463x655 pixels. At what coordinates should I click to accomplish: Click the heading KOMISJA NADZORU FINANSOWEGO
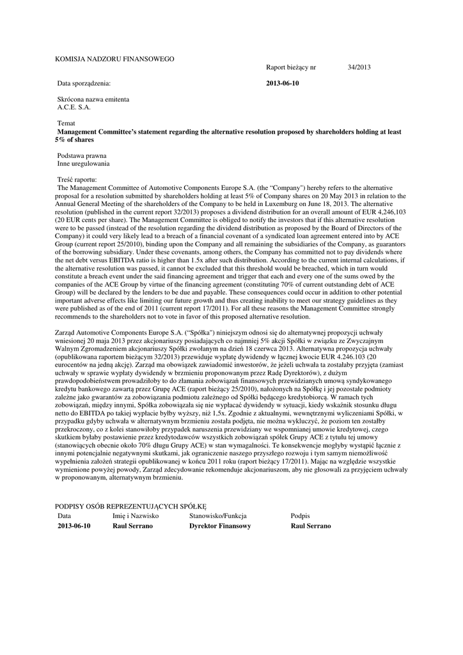pyautogui.click(x=114, y=59)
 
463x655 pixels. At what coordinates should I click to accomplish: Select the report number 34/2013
pyautogui.click(x=359, y=67)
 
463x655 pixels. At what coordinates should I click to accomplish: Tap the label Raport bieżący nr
pyautogui.click(x=291, y=67)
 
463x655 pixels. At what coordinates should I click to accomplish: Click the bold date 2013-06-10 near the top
pyautogui.click(x=282, y=83)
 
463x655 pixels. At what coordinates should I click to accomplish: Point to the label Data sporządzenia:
pyautogui.click(x=84, y=83)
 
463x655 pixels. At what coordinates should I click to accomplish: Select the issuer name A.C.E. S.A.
pyautogui.click(x=74, y=107)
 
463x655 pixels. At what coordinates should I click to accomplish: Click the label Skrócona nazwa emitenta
pyautogui.click(x=93, y=100)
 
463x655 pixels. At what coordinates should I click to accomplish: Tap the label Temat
pyautogui.click(x=67, y=123)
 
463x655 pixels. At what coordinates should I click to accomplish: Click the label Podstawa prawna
pyautogui.click(x=82, y=155)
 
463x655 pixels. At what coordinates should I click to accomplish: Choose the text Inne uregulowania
pyautogui.click(x=83, y=164)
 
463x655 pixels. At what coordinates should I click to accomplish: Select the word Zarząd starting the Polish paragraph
pyautogui.click(x=68, y=333)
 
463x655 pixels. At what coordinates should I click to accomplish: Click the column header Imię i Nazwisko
pyautogui.click(x=136, y=515)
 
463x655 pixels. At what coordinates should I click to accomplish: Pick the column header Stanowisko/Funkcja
pyautogui.click(x=218, y=515)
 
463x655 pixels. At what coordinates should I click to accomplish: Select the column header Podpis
pyautogui.click(x=300, y=515)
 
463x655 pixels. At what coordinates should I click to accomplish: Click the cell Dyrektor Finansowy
pyautogui.click(x=220, y=526)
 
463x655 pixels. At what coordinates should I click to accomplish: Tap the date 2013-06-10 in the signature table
pyautogui.click(x=74, y=526)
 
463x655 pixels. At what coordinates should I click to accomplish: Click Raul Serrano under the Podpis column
pyautogui.click(x=311, y=526)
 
